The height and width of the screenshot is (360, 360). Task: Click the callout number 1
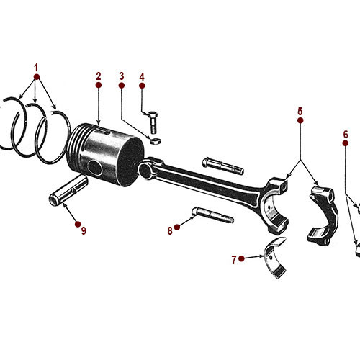click(35, 67)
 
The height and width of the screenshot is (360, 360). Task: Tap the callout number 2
click(98, 75)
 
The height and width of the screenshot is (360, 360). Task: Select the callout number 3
click(122, 76)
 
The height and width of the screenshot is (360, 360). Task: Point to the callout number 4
click(142, 76)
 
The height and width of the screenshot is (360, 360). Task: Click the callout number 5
click(300, 111)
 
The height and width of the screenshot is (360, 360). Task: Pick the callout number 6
click(346, 134)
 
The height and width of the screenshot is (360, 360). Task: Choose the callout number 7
click(233, 258)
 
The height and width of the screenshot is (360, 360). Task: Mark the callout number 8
click(170, 230)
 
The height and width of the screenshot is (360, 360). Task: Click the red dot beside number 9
click(77, 223)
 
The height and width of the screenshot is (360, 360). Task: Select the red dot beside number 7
click(243, 258)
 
